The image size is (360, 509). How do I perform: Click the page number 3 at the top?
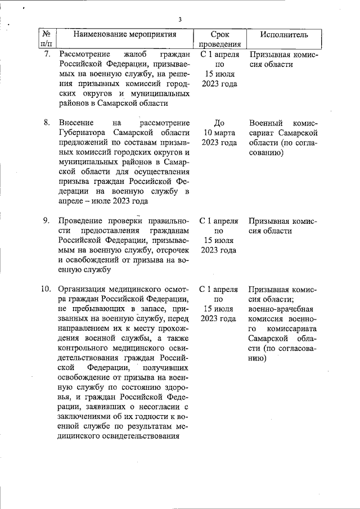[x=180, y=20]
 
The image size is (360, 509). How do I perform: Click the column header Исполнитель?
[x=284, y=34]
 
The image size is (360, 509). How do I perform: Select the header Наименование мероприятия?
[x=125, y=34]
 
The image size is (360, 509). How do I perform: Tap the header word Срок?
[x=219, y=34]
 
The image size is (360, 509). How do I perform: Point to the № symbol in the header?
[x=47, y=34]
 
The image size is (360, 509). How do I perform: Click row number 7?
[x=47, y=55]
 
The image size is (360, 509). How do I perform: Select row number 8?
[x=47, y=122]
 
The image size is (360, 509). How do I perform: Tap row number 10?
[x=46, y=289]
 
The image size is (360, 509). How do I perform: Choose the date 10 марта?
[x=219, y=132]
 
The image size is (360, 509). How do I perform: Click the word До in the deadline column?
[x=219, y=122]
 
